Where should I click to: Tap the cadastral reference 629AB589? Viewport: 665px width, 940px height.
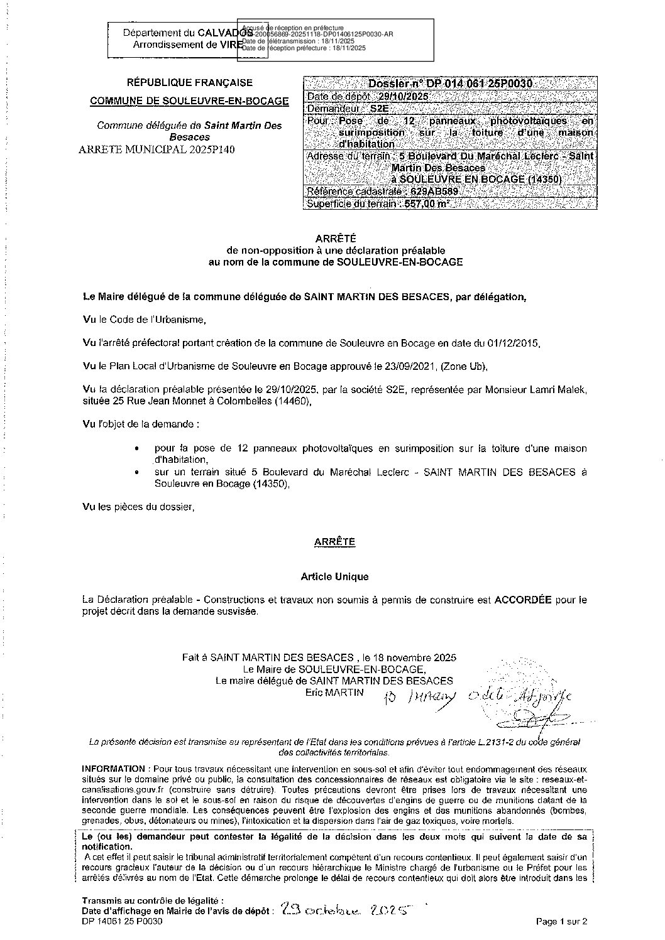[x=430, y=192]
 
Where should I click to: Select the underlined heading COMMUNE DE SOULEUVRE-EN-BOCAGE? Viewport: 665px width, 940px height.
[x=190, y=100]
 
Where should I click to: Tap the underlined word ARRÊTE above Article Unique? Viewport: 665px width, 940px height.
[x=335, y=541]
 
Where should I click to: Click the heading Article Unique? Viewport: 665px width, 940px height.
[x=334, y=576]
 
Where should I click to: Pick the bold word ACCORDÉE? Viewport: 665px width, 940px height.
[x=523, y=600]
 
